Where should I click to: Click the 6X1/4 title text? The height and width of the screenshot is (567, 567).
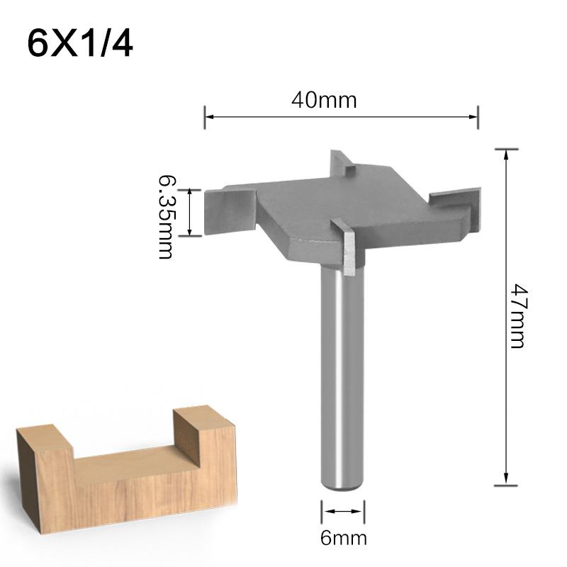(80, 44)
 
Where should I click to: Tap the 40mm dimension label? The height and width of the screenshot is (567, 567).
(323, 100)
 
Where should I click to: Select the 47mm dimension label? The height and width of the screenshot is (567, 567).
(517, 315)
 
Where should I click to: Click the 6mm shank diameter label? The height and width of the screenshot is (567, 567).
(344, 538)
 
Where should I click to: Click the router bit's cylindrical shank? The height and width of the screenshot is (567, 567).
(343, 376)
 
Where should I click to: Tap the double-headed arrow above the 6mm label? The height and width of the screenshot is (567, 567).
(344, 512)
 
